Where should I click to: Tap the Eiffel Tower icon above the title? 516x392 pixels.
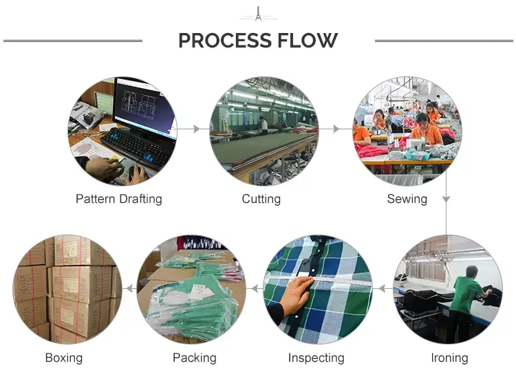click(x=258, y=14)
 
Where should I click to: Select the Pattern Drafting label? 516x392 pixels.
click(x=119, y=199)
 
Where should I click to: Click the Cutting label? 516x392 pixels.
click(x=261, y=199)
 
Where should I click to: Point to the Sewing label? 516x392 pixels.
click(x=407, y=199)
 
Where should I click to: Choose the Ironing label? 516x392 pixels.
click(x=449, y=358)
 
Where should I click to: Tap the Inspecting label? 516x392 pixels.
click(x=316, y=358)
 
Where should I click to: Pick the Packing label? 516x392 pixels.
click(x=195, y=358)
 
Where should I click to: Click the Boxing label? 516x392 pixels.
click(x=64, y=358)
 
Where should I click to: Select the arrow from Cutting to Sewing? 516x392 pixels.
click(x=336, y=129)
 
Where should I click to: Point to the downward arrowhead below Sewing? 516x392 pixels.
click(x=446, y=199)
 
